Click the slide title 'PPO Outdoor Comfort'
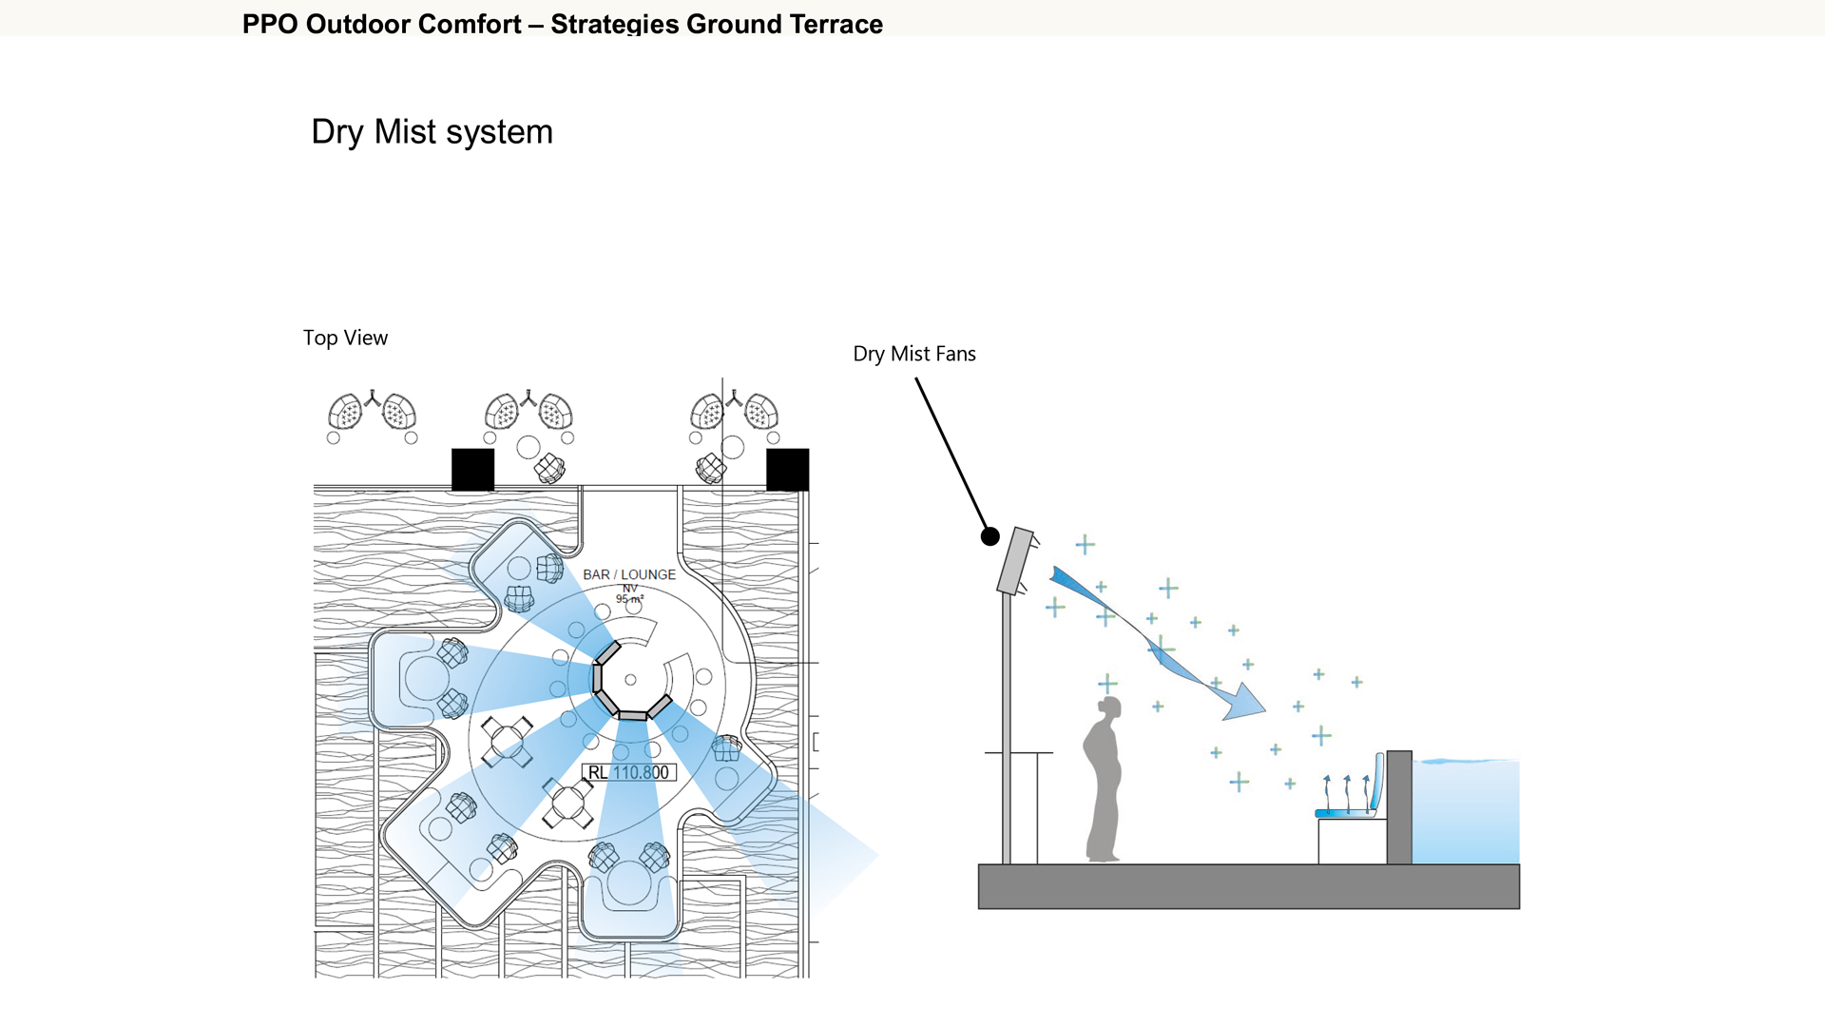pyautogui.click(x=381, y=24)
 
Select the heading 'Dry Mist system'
pyautogui.click(x=432, y=131)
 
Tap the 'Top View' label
pyautogui.click(x=345, y=338)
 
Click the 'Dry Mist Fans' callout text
pyautogui.click(x=914, y=354)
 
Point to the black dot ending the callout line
pyautogui.click(x=989, y=536)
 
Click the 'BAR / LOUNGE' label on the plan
pyautogui.click(x=629, y=574)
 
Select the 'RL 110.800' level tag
pyautogui.click(x=628, y=772)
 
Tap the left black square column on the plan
pyautogui.click(x=472, y=469)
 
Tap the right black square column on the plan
pyautogui.click(x=787, y=469)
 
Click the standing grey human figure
pyautogui.click(x=1104, y=789)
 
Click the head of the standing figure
pyautogui.click(x=1109, y=707)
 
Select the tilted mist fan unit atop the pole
pyautogui.click(x=1016, y=561)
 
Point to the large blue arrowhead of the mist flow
pyautogui.click(x=1244, y=703)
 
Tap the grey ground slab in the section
pyautogui.click(x=1248, y=886)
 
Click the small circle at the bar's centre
pyautogui.click(x=630, y=680)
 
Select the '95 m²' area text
pyautogui.click(x=629, y=599)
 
